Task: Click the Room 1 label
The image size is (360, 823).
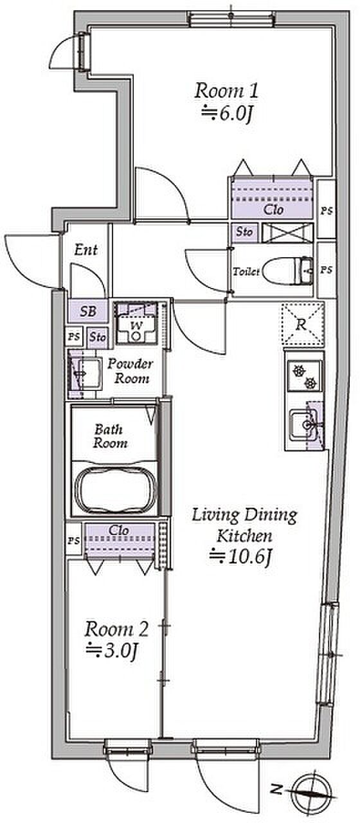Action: click(226, 91)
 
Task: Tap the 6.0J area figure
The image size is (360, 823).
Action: click(228, 113)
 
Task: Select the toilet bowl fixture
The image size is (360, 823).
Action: click(289, 271)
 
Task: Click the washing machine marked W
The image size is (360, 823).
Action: click(136, 323)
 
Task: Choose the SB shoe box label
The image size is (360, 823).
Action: click(88, 312)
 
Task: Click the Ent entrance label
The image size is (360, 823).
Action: click(86, 250)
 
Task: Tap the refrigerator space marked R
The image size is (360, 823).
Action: click(303, 324)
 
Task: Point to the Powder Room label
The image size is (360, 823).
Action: click(130, 372)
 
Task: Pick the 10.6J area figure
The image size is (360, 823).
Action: click(240, 557)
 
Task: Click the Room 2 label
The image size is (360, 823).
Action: click(116, 629)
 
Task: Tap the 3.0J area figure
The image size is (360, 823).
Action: click(112, 651)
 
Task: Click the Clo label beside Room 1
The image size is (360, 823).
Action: click(274, 210)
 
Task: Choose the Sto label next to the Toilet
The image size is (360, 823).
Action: click(244, 232)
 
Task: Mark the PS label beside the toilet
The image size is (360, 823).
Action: click(326, 270)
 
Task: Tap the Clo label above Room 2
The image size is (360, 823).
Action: click(119, 530)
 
